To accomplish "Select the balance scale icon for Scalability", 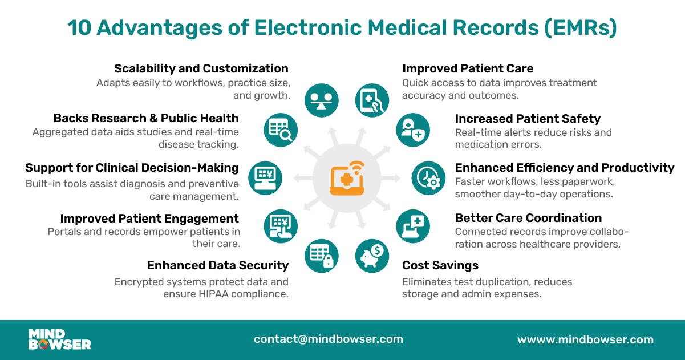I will [322, 100].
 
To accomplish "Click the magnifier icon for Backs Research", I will [281, 130].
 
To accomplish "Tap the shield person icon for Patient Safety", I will [413, 130].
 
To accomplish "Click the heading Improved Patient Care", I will [468, 68].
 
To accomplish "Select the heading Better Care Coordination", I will [528, 218].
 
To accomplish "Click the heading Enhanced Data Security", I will [218, 265].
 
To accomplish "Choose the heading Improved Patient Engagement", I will [149, 219].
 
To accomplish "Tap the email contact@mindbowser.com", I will [329, 339].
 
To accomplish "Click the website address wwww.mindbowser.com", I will [585, 339].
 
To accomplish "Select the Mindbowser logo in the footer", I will [60, 339].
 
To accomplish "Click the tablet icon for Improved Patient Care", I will [372, 100].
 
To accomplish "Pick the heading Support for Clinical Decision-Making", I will [132, 168].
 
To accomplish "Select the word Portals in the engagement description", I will [66, 232].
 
